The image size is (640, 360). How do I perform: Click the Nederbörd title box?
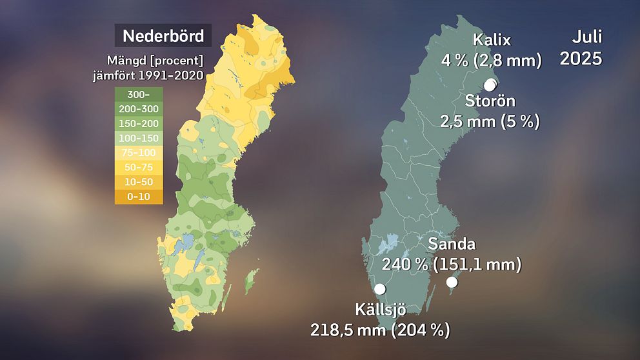(163, 35)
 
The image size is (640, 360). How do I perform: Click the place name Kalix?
(492, 40)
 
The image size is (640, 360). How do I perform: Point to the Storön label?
(490, 101)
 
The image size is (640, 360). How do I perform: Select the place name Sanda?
(452, 244)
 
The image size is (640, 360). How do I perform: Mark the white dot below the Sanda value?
(452, 282)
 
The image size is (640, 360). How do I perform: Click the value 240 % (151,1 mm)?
(451, 265)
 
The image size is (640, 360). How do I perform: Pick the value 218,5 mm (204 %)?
(380, 330)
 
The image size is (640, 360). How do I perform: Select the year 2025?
(581, 59)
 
